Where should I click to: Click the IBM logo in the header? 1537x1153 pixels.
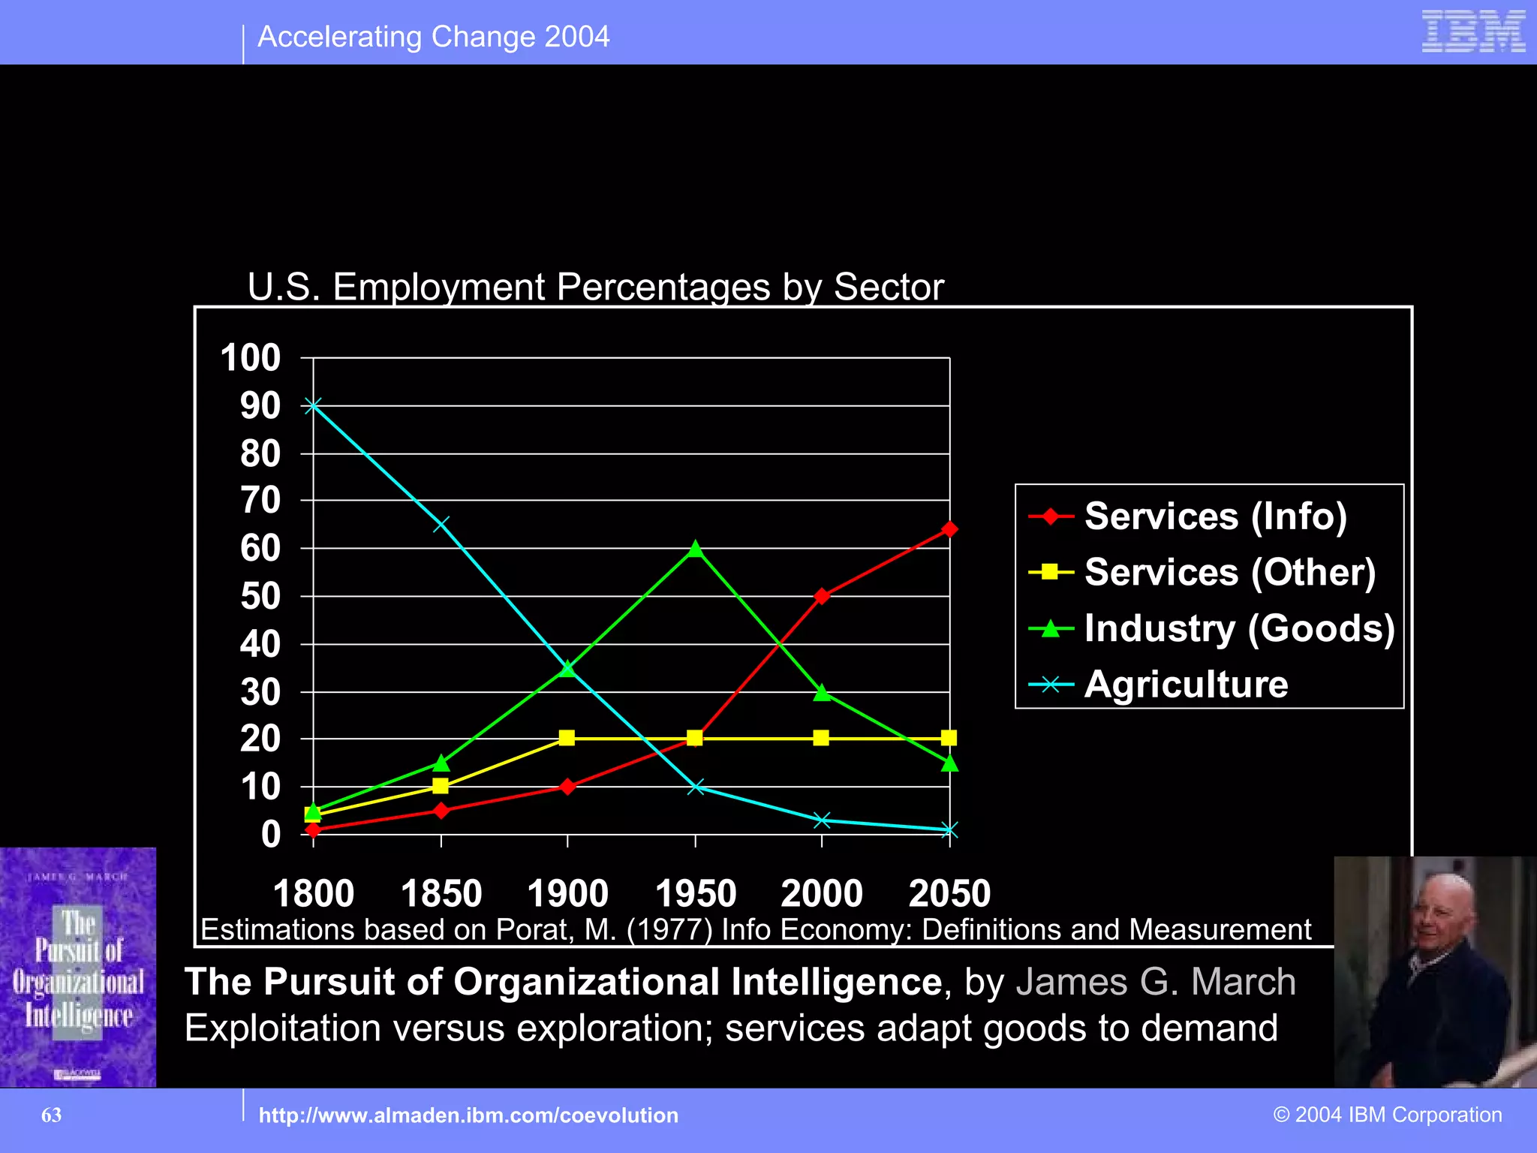point(1473,32)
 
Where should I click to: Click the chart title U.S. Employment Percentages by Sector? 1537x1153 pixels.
point(595,287)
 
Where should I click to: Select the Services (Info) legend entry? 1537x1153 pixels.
point(1215,516)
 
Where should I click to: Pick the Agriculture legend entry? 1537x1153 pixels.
point(1186,685)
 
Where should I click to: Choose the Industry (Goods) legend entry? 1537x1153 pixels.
point(1239,628)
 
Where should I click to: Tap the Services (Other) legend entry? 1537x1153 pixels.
point(1229,573)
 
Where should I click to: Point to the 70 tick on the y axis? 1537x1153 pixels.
point(260,501)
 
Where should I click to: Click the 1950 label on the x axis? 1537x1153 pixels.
point(696,893)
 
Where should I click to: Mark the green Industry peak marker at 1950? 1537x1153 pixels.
point(696,549)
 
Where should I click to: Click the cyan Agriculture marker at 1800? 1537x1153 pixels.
point(313,405)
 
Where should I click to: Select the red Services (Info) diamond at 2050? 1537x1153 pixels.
point(949,529)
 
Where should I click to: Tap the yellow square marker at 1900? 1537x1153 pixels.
point(567,738)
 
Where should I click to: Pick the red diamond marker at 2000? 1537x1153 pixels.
point(822,596)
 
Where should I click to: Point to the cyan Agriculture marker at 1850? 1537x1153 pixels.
point(441,524)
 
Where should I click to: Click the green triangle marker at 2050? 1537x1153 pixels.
point(949,763)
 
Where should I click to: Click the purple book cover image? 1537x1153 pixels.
point(78,967)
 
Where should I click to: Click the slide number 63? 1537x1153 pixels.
point(51,1115)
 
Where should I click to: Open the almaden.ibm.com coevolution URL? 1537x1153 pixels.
point(468,1115)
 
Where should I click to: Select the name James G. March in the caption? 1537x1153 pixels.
point(1156,982)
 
